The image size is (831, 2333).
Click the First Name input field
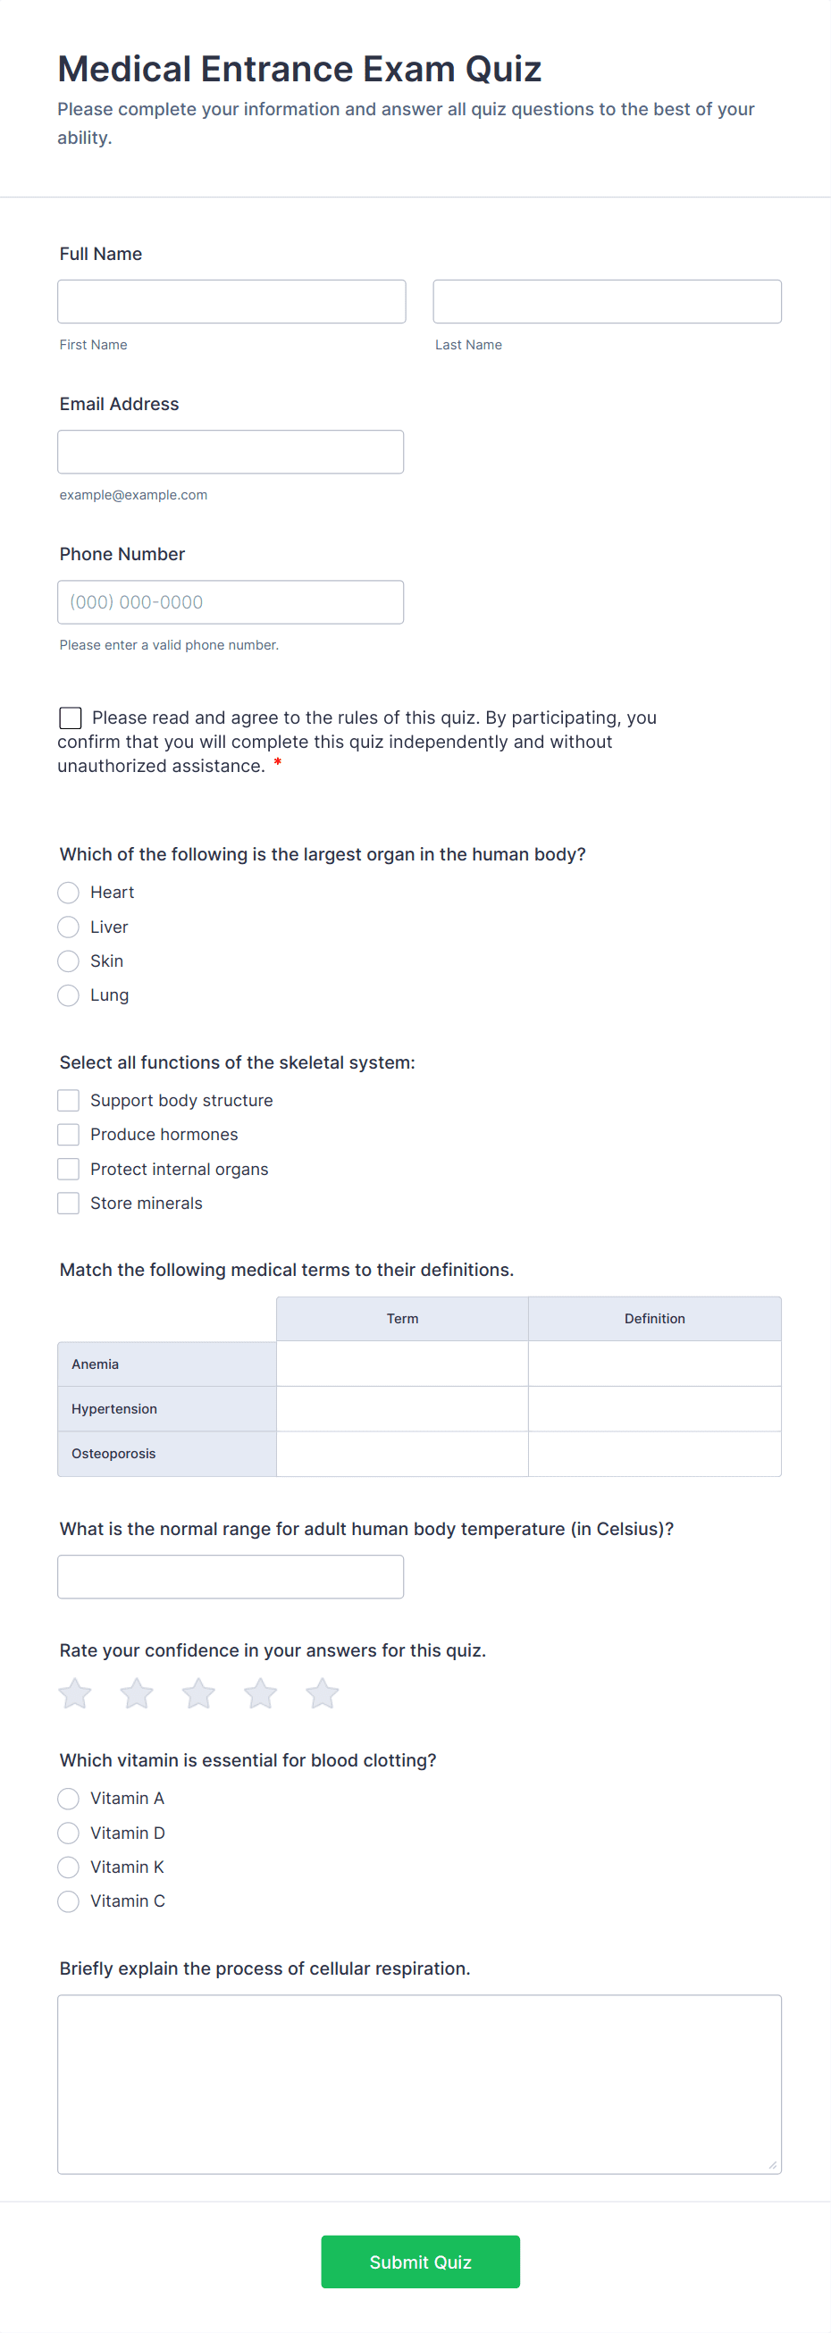(x=231, y=302)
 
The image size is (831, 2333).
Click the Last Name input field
(x=607, y=302)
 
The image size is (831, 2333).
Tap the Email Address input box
(x=230, y=452)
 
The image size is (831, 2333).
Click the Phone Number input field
(x=230, y=602)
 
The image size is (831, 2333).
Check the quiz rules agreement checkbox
(x=71, y=718)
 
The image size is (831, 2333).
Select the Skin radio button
(x=69, y=961)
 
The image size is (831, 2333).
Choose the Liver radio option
(x=69, y=927)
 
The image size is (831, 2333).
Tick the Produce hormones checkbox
(x=69, y=1135)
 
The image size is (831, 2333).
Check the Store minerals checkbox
(x=69, y=1204)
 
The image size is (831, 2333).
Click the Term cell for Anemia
(x=402, y=1364)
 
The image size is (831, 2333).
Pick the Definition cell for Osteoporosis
(x=654, y=1454)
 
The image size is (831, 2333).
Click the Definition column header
(x=654, y=1319)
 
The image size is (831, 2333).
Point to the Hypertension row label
(x=114, y=1409)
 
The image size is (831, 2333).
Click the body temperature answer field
(x=230, y=1577)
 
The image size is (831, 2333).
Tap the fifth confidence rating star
(x=323, y=1693)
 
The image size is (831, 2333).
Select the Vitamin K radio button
(x=69, y=1867)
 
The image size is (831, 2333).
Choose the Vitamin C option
(x=69, y=1901)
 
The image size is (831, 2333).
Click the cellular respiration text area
(x=419, y=2083)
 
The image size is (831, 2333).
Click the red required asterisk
(x=278, y=763)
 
